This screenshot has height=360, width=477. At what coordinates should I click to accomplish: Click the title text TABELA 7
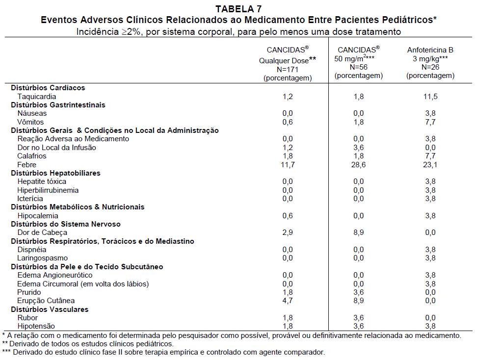point(238,8)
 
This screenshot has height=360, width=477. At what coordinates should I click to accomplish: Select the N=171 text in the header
point(288,69)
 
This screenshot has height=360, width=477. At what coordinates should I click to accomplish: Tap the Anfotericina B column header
point(430,50)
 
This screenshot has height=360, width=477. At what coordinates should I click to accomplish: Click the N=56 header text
point(358,67)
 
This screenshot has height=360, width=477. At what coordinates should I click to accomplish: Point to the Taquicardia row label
point(37,97)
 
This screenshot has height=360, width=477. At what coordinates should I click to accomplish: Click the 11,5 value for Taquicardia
point(430,97)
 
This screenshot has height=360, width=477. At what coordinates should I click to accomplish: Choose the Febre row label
point(27,164)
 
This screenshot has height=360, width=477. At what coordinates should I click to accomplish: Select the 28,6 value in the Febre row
point(358,164)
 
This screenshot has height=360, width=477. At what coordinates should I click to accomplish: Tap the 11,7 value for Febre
point(288,164)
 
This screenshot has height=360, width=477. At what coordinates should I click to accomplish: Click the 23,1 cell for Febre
point(430,164)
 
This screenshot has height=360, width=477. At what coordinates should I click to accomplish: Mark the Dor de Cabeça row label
point(42,232)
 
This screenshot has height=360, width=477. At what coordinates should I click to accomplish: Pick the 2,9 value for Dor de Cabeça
point(288,232)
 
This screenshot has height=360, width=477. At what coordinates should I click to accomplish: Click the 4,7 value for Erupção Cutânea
point(288,301)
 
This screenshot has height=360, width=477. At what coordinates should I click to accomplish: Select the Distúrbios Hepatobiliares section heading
point(55,173)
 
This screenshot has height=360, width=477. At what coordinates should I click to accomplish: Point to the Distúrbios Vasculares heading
point(50,309)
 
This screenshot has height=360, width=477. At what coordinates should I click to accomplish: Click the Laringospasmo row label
point(42,258)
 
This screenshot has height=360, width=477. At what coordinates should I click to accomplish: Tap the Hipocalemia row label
point(38,216)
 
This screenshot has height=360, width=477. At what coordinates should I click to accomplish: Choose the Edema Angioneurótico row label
point(55,275)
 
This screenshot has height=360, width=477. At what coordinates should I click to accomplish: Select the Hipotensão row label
point(36,326)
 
